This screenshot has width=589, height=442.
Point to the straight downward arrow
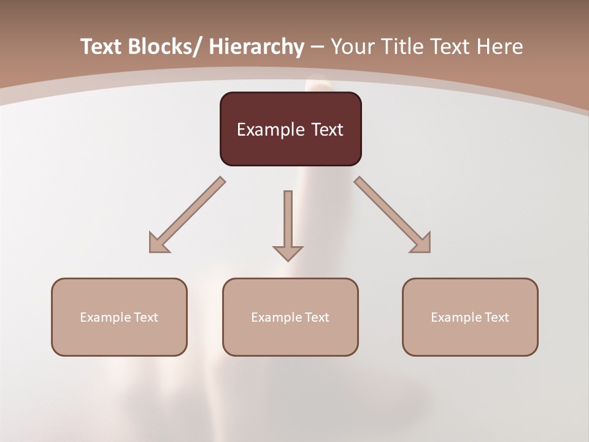(x=288, y=221)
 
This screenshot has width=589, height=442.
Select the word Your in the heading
(x=352, y=47)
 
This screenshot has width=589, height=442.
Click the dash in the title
(x=317, y=48)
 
